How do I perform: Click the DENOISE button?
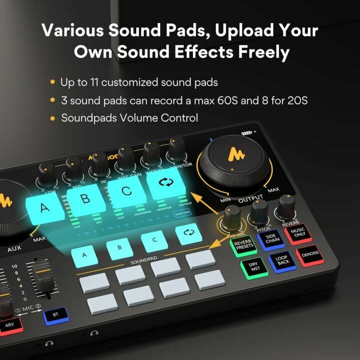(310, 254)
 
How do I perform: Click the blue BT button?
(55, 314)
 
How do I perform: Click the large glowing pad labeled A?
(45, 207)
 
